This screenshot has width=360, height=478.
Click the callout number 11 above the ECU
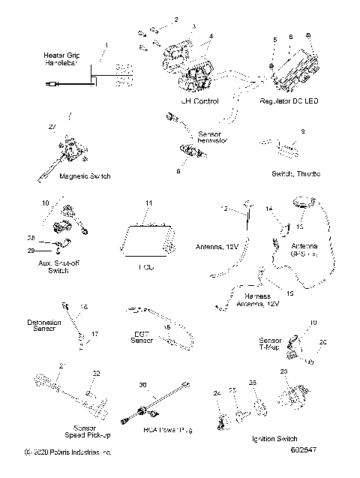(x=149, y=203)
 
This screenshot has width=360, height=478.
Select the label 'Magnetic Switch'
(x=84, y=176)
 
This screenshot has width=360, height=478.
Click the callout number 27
(x=51, y=127)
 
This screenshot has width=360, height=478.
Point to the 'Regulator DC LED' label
(x=288, y=101)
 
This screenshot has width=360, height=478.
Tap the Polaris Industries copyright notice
(x=67, y=453)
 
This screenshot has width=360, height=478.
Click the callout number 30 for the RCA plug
(x=142, y=385)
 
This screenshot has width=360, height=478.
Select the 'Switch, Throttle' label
(x=295, y=173)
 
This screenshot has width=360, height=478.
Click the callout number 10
(x=45, y=203)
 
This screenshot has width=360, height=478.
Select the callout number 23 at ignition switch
(x=283, y=371)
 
